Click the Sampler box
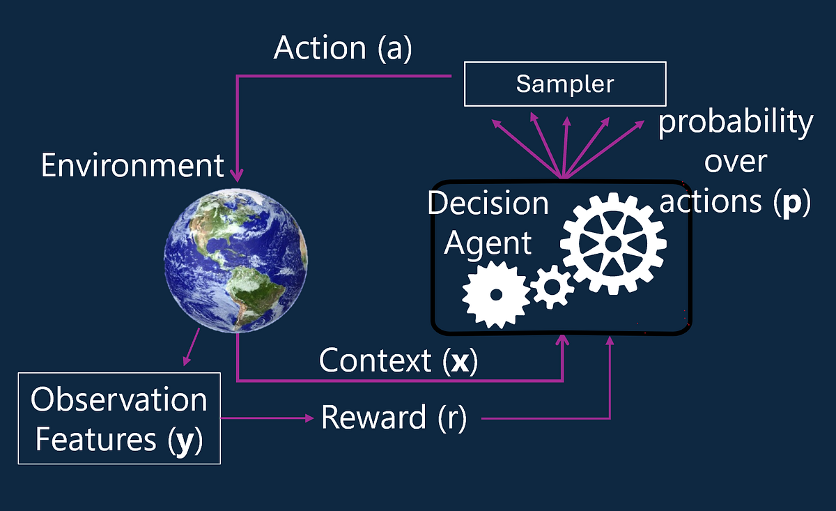[564, 84]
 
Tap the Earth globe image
[235, 259]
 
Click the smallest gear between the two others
[552, 286]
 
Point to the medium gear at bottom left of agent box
[495, 295]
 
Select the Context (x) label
[398, 361]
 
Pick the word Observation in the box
[119, 400]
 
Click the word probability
[736, 123]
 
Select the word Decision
[488, 204]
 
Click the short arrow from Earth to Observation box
[192, 346]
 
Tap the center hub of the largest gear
[613, 243]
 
